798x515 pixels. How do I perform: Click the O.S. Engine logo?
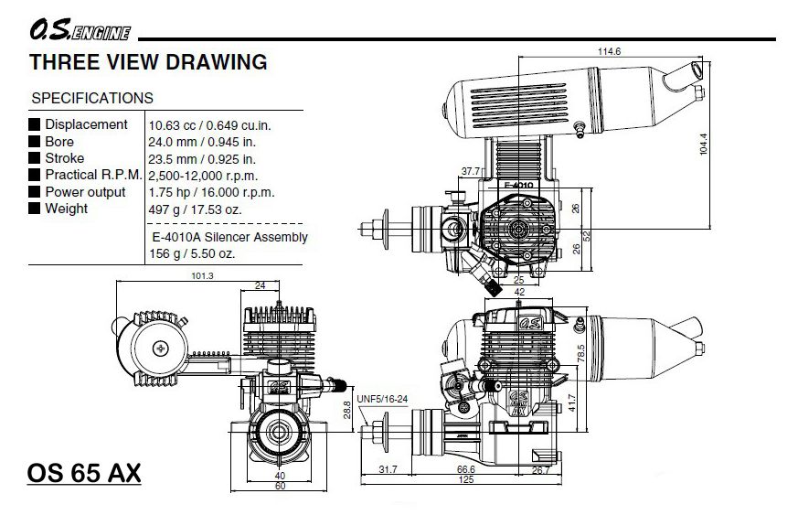click(80, 35)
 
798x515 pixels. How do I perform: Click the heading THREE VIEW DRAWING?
click(148, 63)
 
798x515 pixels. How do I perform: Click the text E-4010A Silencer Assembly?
click(229, 237)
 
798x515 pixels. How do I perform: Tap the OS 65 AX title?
click(84, 475)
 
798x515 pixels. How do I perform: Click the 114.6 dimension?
click(610, 51)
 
